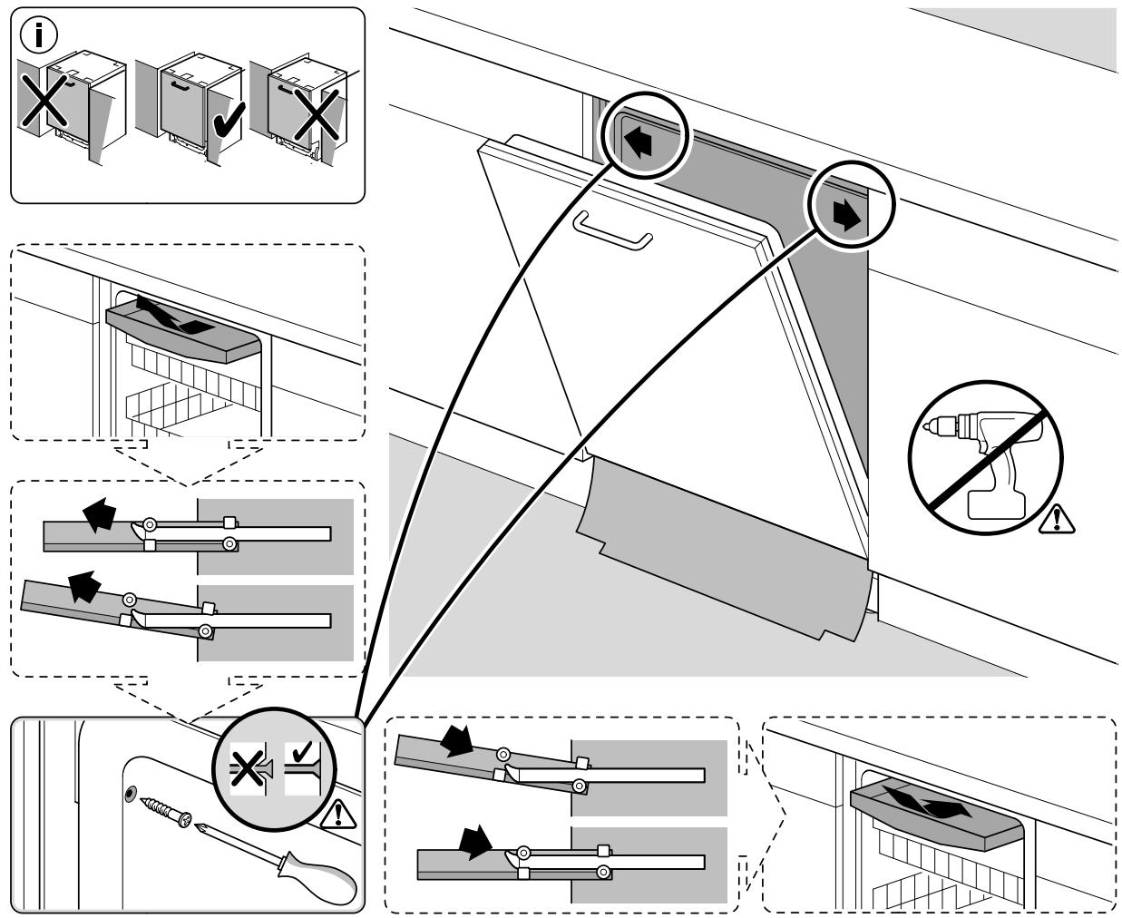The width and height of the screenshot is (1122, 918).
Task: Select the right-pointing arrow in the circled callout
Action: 846,216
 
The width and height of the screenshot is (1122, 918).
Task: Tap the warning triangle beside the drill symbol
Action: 1055,520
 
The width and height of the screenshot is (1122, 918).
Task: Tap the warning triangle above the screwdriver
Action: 339,814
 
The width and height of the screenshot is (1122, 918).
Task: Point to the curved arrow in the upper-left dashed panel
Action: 178,317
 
